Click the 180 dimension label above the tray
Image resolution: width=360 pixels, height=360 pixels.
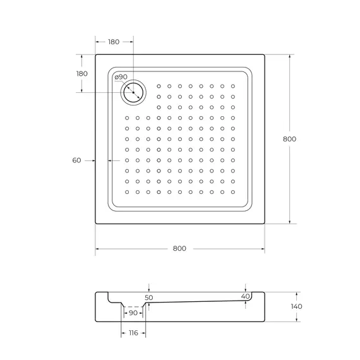(114, 42)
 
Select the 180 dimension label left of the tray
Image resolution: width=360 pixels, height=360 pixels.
(81, 73)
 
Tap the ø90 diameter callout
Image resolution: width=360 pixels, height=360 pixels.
(121, 77)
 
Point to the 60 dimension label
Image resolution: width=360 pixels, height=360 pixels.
(77, 160)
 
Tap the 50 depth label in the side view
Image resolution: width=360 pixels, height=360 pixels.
(149, 297)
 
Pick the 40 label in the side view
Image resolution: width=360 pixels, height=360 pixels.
(245, 296)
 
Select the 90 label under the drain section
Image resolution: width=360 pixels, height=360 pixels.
(133, 313)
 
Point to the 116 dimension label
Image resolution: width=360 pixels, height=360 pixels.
(133, 332)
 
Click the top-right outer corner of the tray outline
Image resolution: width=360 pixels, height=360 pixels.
(264, 55)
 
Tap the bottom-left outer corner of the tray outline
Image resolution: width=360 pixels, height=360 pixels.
(96, 224)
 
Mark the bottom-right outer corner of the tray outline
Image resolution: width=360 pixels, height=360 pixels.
(264, 224)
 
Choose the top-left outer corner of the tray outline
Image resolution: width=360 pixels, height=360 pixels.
(96, 55)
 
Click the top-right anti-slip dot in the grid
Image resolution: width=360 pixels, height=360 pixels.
(233, 86)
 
